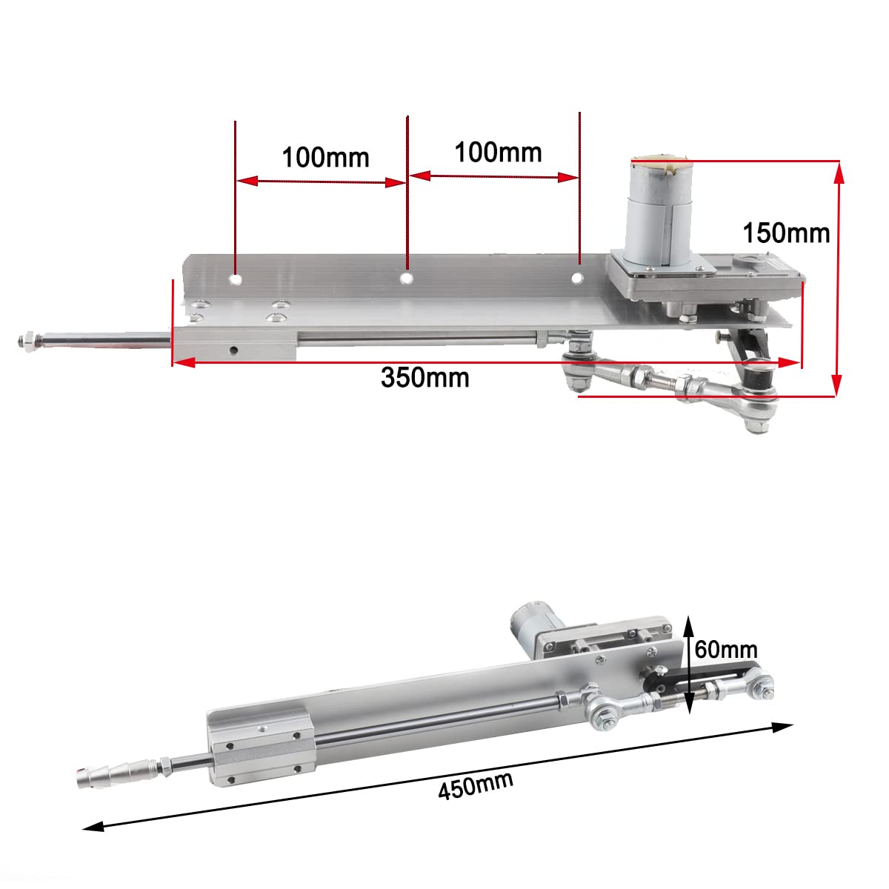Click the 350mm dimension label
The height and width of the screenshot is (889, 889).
click(x=425, y=378)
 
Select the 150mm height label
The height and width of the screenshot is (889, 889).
click(x=786, y=233)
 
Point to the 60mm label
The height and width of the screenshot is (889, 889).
click(x=726, y=650)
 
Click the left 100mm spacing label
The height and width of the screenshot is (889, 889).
click(x=325, y=157)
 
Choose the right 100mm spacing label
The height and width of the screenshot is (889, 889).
click(x=498, y=153)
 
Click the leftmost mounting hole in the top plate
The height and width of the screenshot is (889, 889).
click(x=236, y=280)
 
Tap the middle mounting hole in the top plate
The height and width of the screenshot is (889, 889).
click(x=406, y=278)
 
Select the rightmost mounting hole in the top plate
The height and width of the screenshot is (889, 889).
click(x=577, y=278)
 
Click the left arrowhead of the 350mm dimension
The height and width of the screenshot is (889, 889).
click(x=182, y=362)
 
